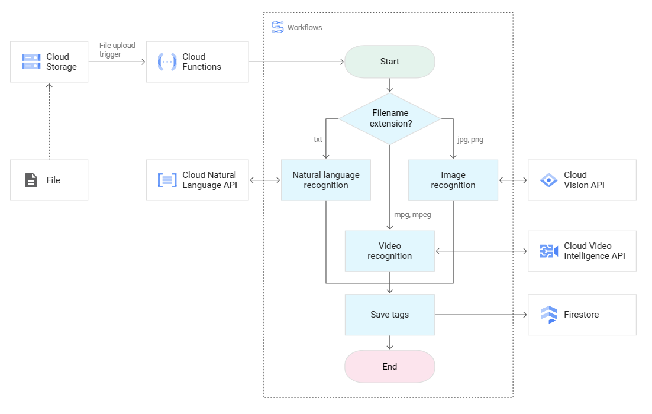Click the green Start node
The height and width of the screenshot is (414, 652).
(x=389, y=62)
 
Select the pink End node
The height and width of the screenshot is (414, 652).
(x=389, y=367)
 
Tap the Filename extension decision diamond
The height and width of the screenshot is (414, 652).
(x=389, y=118)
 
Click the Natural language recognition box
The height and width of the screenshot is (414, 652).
(x=325, y=180)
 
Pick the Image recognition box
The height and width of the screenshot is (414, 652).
(x=453, y=180)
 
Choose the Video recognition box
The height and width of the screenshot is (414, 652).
(x=389, y=251)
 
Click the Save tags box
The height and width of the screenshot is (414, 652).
(x=389, y=315)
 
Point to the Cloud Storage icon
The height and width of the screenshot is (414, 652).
(x=31, y=62)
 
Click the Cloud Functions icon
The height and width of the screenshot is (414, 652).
(x=167, y=62)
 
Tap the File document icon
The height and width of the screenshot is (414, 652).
(x=31, y=180)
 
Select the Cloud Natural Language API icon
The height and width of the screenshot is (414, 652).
(x=167, y=180)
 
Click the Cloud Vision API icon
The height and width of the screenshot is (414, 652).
(x=548, y=180)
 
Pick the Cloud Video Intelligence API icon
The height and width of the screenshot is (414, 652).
(x=548, y=251)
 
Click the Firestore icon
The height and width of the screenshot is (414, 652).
(x=548, y=315)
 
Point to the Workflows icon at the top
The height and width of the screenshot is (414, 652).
(x=277, y=27)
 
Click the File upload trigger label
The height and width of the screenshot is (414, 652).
(x=118, y=50)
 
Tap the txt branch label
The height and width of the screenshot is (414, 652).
(x=318, y=140)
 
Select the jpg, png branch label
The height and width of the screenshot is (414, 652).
(x=470, y=140)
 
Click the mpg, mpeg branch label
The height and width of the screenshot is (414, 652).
(x=412, y=215)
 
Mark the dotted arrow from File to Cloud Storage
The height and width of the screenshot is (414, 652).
(x=49, y=121)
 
